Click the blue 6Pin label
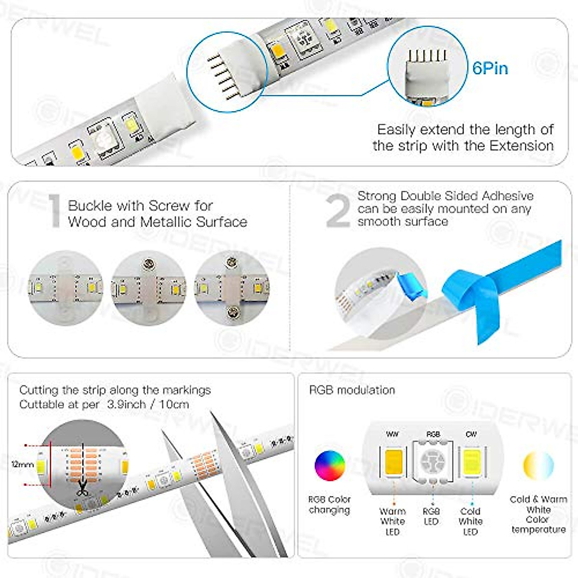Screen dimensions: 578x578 click(490, 68)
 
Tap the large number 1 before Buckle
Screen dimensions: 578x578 click(55, 211)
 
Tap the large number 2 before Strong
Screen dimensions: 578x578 click(338, 211)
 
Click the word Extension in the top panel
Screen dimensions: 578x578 click(522, 146)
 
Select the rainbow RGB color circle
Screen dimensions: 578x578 click(329, 465)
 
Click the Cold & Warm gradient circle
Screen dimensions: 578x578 click(538, 465)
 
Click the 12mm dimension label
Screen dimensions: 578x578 click(23, 464)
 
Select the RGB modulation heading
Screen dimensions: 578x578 click(352, 390)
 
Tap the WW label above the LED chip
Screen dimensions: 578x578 click(393, 434)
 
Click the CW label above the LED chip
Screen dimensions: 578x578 click(471, 434)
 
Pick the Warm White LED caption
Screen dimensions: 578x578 click(393, 522)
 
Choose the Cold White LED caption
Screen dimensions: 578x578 click(470, 522)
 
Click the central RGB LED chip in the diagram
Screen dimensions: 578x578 click(433, 461)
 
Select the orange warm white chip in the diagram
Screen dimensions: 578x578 click(393, 461)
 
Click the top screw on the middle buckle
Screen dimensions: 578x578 click(148, 263)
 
